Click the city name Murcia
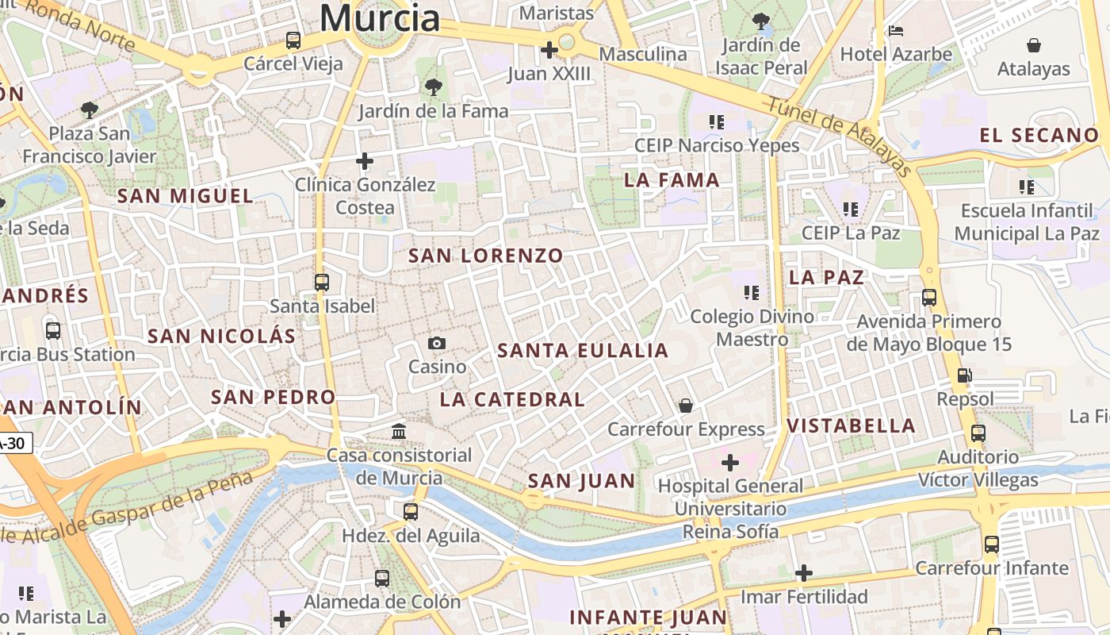pyautogui.click(x=380, y=17)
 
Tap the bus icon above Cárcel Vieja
pyautogui.click(x=293, y=40)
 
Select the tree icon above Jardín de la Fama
pyautogui.click(x=433, y=87)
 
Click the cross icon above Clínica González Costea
pyautogui.click(x=365, y=162)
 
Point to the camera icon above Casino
pyautogui.click(x=437, y=343)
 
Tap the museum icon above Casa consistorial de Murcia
pyautogui.click(x=399, y=431)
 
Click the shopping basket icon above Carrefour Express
pyautogui.click(x=686, y=406)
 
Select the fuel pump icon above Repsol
pyautogui.click(x=965, y=375)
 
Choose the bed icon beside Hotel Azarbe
pyautogui.click(x=896, y=32)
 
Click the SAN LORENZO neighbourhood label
pyautogui.click(x=485, y=256)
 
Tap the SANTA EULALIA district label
pyautogui.click(x=583, y=351)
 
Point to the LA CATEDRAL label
pyautogui.click(x=512, y=399)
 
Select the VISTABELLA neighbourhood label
pyautogui.click(x=852, y=425)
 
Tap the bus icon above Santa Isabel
pyautogui.click(x=321, y=282)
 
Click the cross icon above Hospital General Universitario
pyautogui.click(x=730, y=462)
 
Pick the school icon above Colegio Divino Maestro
pyautogui.click(x=752, y=293)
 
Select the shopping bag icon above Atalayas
pyautogui.click(x=1034, y=45)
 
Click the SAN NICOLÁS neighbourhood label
pyautogui.click(x=222, y=336)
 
